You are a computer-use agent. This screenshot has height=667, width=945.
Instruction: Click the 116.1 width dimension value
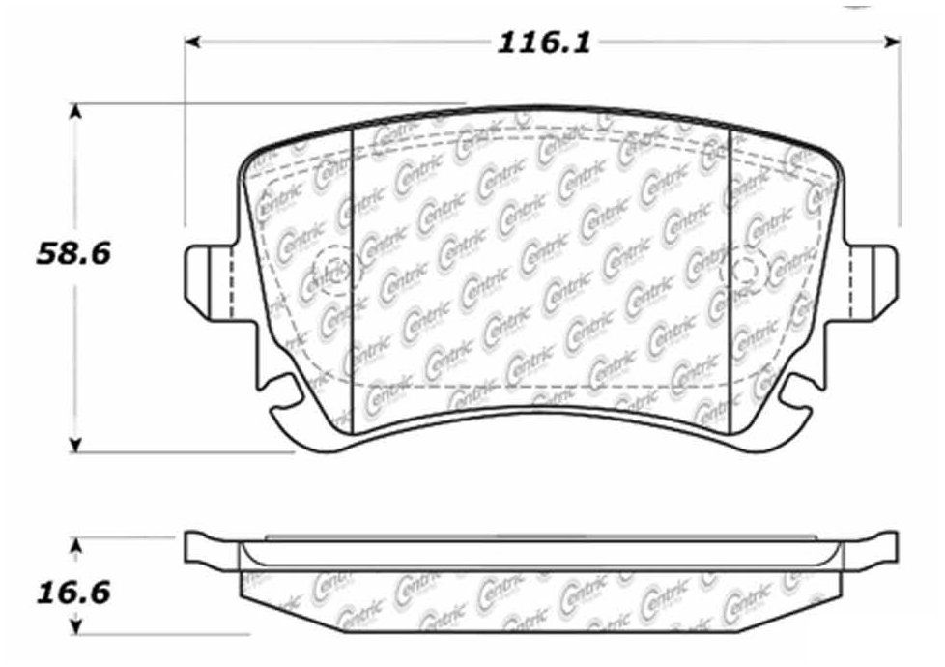[544, 43]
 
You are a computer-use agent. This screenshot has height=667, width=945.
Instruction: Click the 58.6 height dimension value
[73, 253]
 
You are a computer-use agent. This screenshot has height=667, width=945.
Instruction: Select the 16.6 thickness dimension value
[73, 593]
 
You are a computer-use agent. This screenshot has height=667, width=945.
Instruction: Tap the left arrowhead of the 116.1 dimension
[191, 42]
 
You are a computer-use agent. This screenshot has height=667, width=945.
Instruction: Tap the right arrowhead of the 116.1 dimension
[893, 42]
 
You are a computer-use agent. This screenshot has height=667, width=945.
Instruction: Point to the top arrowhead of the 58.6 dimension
[74, 112]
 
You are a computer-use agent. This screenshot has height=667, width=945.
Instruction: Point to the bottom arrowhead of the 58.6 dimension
[74, 444]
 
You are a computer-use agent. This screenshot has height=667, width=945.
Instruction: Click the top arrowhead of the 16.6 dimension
[75, 546]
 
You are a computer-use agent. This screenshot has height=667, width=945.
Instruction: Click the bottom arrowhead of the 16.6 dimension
[75, 625]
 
